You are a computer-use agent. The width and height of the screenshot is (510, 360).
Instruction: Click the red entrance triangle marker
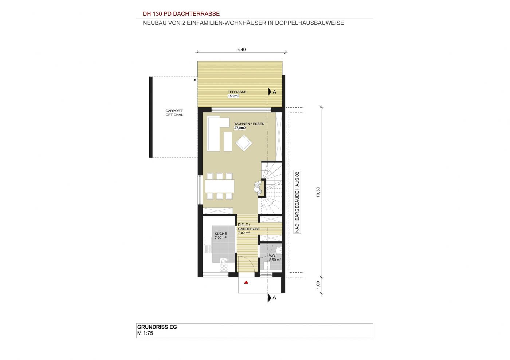coord(246,282)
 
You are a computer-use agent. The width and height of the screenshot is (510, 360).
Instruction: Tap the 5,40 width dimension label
coord(241,50)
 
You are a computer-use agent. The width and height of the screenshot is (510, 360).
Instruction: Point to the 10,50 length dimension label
coord(318,192)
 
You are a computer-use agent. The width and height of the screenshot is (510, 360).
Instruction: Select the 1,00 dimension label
coord(318,285)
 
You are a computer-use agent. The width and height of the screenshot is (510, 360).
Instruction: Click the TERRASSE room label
coord(237,92)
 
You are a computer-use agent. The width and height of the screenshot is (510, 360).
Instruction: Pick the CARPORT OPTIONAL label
coord(174,113)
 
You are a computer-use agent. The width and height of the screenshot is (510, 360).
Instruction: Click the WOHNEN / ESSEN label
coord(249,124)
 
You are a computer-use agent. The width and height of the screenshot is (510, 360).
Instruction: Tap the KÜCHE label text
coord(221,234)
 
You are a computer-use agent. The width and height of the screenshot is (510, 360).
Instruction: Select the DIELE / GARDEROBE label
coord(248,227)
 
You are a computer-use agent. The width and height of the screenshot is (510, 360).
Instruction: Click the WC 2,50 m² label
coord(275,258)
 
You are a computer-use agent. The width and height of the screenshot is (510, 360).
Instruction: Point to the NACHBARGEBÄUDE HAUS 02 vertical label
coord(297,202)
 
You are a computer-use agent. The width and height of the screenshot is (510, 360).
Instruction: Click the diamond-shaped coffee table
coord(244,143)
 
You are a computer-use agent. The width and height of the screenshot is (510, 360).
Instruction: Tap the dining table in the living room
coord(219,186)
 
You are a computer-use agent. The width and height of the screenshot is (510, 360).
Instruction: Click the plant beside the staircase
coord(258,188)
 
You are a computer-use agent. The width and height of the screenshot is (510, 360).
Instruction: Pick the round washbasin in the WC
coord(279,251)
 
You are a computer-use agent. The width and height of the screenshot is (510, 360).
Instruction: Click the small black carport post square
coord(195,80)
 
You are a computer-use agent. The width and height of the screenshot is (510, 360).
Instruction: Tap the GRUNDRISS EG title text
coord(157,327)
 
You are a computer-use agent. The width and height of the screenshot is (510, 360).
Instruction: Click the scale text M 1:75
coord(145,333)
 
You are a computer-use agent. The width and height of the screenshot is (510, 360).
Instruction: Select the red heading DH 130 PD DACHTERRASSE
coord(181,14)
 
